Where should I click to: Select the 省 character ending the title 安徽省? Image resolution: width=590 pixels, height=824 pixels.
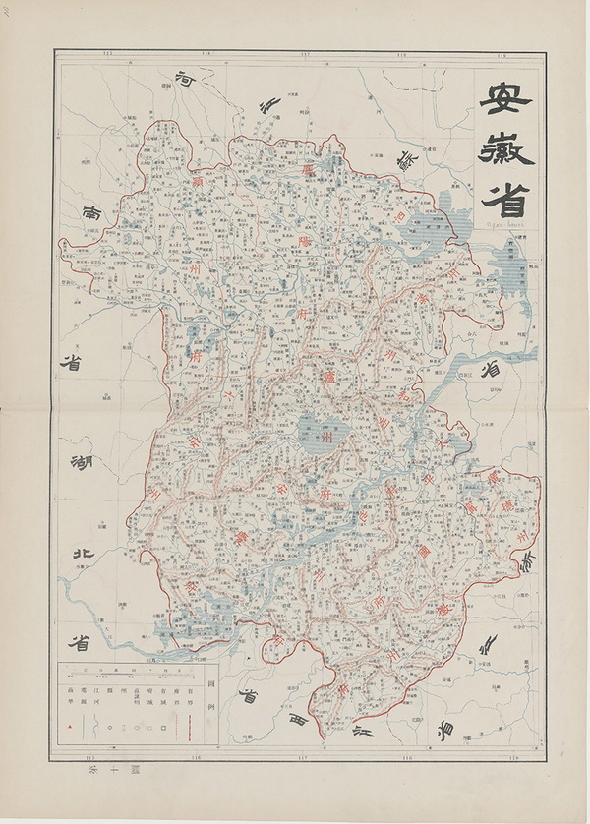504,199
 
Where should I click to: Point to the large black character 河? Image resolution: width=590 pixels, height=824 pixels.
186,83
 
